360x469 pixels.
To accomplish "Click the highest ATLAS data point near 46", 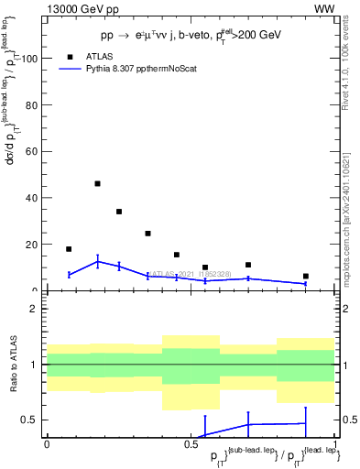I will pos(97,183).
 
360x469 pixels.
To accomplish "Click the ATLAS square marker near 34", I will pos(119,212).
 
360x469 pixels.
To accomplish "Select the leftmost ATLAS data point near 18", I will pos(69,249).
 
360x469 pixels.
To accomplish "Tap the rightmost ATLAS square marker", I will pos(306,276).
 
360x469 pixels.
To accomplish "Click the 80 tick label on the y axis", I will pos(32,104).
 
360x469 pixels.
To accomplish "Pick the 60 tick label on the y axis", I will pos(32,151).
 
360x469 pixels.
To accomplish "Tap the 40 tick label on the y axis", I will pos(32,198).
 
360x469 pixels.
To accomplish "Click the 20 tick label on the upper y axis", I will pos(32,245).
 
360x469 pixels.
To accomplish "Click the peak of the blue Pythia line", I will pos(97,262).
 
